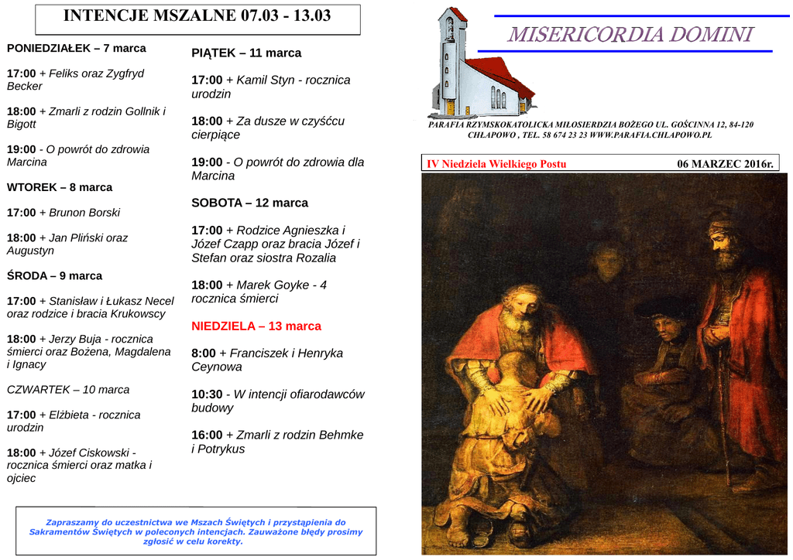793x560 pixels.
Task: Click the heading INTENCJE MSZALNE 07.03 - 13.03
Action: point(197,16)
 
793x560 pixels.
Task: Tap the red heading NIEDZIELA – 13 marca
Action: point(256,326)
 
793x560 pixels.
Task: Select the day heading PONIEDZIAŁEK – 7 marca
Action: point(76,48)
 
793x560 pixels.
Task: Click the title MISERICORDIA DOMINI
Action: point(630,35)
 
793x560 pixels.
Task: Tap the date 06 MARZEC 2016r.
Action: point(725,164)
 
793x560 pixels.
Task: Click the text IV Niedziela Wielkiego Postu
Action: point(496,164)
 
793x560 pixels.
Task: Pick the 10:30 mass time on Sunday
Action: point(207,394)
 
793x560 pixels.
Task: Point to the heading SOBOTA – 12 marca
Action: point(249,203)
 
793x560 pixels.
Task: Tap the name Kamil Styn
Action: point(266,80)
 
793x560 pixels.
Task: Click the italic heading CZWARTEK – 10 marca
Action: point(68,390)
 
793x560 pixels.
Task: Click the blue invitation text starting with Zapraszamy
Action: point(196,531)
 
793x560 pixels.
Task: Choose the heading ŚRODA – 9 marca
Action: point(54,276)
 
